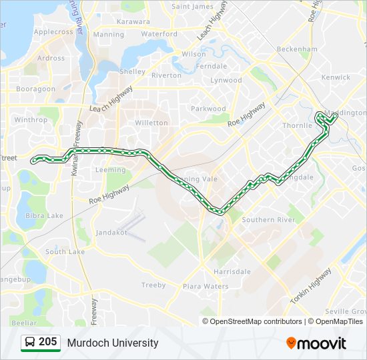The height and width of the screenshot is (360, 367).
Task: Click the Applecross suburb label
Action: pos(53,31)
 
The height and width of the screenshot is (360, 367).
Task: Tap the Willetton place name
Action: pos(151,123)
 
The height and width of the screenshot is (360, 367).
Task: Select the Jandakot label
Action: pos(111,232)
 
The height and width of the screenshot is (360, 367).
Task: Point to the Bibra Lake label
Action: pos(44,215)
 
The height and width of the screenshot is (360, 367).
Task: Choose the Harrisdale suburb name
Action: pos(232,272)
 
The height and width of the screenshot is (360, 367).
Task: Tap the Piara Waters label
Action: pos(206,287)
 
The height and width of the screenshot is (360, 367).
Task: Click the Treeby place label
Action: pos(153,285)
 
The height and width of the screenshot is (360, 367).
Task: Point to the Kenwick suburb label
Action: pos(336,77)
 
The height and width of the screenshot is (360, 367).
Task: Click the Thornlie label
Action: pos(297,125)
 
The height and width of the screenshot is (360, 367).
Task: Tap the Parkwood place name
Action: pos(209,109)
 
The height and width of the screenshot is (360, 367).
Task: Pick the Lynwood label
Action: pos(226,80)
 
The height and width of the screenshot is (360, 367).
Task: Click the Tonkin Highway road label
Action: pos(311,287)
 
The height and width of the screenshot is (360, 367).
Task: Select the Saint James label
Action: pos(192,7)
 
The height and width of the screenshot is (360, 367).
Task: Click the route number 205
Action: pos(47,342)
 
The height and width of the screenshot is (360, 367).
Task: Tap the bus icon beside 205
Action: pos(30,343)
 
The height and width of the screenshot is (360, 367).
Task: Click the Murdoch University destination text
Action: pos(113,343)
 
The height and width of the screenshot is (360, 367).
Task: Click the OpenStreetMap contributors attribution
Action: pos(256,321)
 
